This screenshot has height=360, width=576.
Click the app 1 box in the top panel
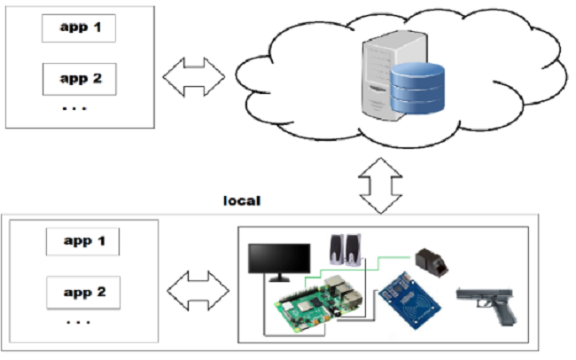click(80, 27)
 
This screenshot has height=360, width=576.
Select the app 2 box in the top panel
click(80, 79)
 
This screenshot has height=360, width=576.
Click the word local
click(241, 201)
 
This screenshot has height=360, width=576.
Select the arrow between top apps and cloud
click(193, 77)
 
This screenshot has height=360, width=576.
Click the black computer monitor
click(279, 259)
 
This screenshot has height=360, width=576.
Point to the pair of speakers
click(345, 250)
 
